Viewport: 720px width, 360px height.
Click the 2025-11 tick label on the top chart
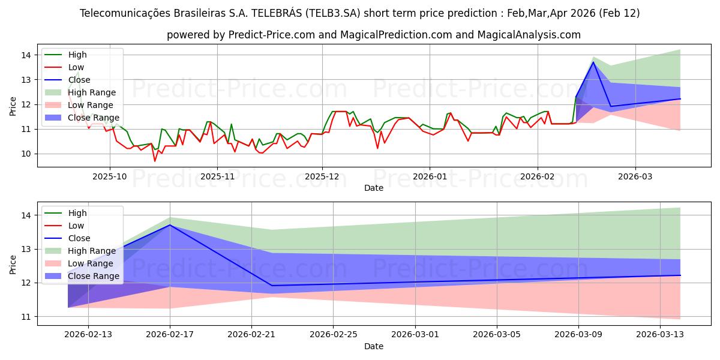[x=217, y=177]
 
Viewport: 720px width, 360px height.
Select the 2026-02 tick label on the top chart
[x=537, y=177]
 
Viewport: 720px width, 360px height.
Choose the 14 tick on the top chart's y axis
[x=25, y=55]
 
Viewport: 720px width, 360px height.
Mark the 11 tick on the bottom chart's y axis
[x=25, y=317]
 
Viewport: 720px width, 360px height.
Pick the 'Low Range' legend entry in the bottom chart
[x=91, y=263]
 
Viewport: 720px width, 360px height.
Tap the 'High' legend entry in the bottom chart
[x=77, y=213]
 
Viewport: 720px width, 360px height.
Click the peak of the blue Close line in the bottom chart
[x=170, y=225]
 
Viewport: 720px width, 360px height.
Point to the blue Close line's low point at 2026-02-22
[x=272, y=286]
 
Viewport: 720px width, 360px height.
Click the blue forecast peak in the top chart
[x=593, y=62]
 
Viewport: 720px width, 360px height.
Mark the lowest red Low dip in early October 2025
[x=155, y=161]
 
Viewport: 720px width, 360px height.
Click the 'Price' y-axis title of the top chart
[x=13, y=106]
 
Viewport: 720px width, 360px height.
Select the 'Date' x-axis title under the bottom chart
[x=373, y=346]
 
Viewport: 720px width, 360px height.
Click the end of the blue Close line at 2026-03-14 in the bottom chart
[x=680, y=275]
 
